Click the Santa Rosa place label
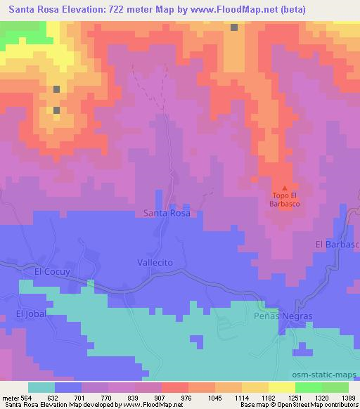(x=167, y=212)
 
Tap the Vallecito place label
(x=155, y=261)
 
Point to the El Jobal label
(x=31, y=313)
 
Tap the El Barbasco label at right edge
(x=337, y=244)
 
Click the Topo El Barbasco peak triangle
(x=284, y=188)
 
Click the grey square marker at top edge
(x=233, y=27)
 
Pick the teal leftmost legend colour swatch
(x=41, y=387)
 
